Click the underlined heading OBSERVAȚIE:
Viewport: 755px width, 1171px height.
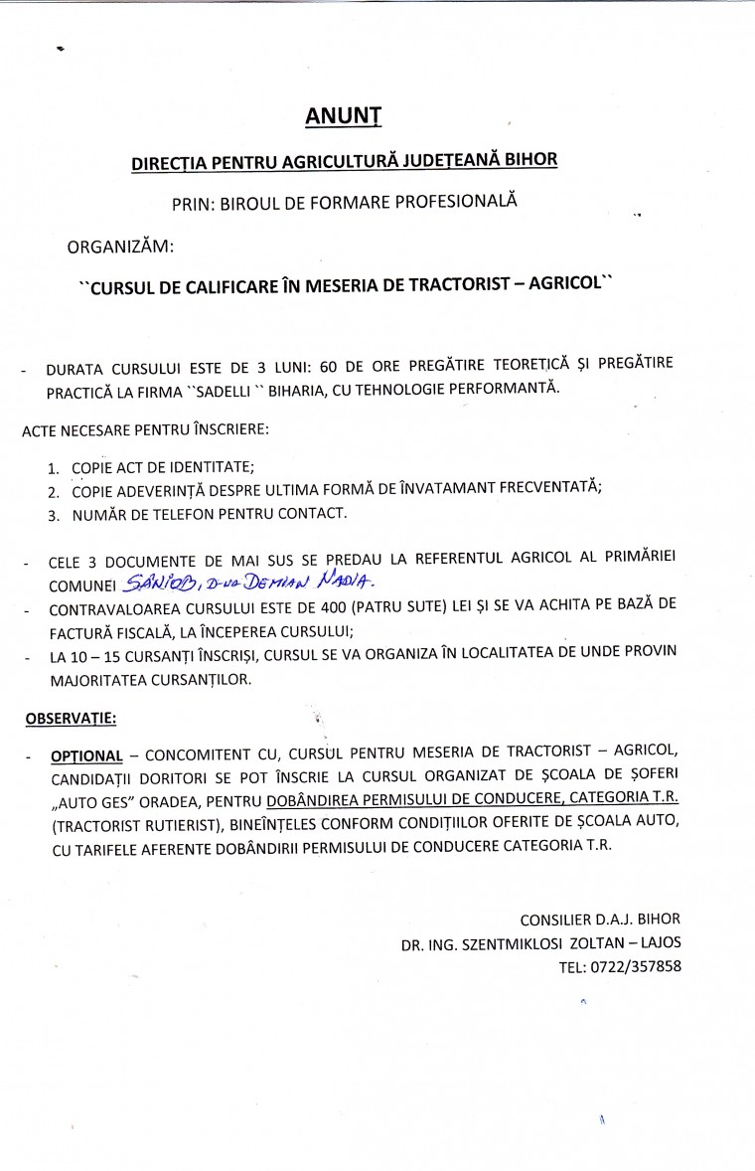[x=68, y=717]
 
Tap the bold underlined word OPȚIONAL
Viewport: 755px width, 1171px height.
[x=86, y=754]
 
